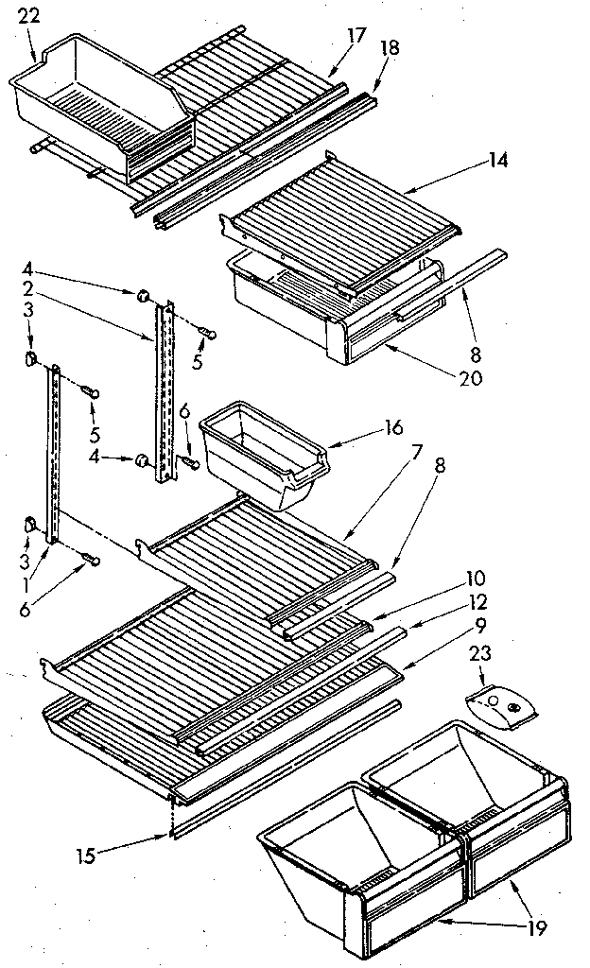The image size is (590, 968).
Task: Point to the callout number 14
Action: pyautogui.click(x=498, y=161)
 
